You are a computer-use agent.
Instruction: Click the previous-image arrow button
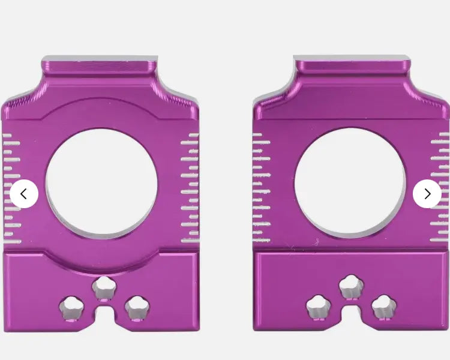24,194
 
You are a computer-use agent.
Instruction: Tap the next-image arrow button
427,194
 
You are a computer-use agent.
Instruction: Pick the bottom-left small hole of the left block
71,308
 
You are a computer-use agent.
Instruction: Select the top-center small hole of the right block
351,286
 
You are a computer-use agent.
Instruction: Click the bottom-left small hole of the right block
318,308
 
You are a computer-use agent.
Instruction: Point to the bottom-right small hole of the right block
383,307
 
